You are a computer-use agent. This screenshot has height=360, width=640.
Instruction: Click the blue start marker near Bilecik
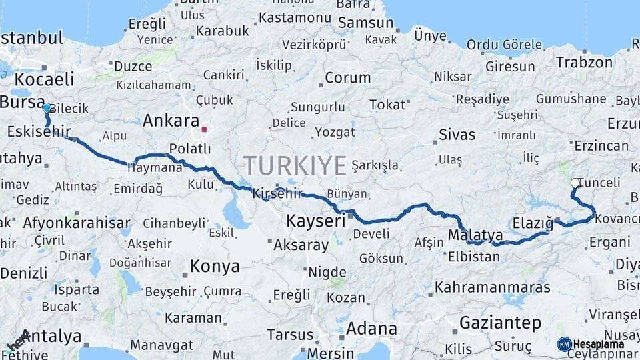[x=46, y=107]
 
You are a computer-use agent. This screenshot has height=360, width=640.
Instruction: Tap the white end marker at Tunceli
[x=575, y=183]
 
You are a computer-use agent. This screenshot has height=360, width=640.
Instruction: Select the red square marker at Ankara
[x=204, y=129]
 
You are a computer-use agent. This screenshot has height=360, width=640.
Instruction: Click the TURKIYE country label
[x=294, y=165]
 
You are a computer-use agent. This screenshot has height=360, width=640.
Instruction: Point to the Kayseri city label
[x=315, y=221]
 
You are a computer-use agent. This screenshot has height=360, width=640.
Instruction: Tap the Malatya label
[x=475, y=235]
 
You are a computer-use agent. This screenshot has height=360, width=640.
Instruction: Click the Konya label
[x=215, y=267]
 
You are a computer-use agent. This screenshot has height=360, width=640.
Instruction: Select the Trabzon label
[x=584, y=63]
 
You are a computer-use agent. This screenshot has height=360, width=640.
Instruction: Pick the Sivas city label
[x=457, y=135]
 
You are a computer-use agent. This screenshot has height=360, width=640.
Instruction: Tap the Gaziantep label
[x=500, y=323]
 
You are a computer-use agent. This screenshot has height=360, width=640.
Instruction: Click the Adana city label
[x=371, y=329]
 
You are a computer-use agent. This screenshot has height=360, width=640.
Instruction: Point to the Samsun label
[x=365, y=23]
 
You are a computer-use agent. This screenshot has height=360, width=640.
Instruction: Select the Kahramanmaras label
[x=493, y=287]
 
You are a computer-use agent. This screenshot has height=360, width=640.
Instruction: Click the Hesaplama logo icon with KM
[x=564, y=344]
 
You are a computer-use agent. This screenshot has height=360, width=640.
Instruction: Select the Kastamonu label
[x=295, y=17]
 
